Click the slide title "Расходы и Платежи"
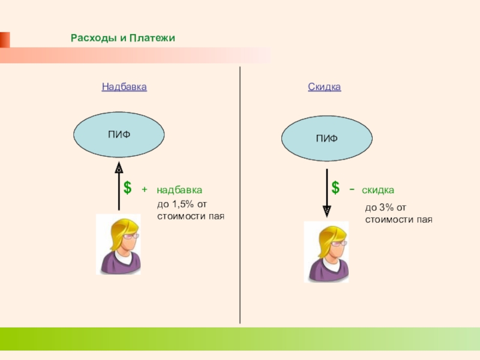122,38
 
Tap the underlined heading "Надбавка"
124,87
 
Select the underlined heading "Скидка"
325,87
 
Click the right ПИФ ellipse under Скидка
327,138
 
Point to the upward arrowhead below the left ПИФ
119,168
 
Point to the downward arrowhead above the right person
327,210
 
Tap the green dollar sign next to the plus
128,188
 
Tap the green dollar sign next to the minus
335,188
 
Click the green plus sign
144,190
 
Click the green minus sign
351,190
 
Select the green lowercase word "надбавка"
179,190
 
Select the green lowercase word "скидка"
377,190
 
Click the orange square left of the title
4,39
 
